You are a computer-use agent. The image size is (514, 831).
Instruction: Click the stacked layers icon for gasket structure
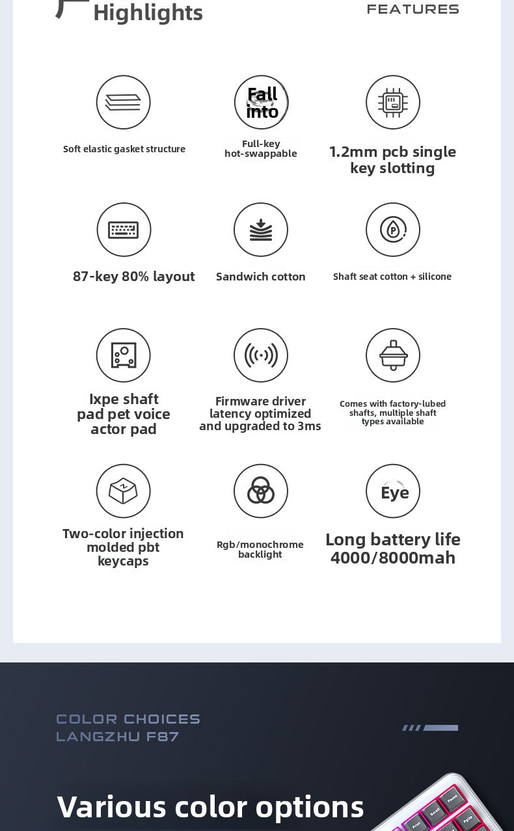pyautogui.click(x=123, y=102)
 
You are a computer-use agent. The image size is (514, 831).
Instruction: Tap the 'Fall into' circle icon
pyautogui.click(x=262, y=102)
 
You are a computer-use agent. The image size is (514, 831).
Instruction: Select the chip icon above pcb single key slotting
pyautogui.click(x=393, y=102)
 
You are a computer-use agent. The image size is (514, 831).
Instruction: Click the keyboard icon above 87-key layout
pyautogui.click(x=124, y=230)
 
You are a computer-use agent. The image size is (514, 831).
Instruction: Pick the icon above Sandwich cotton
pyautogui.click(x=261, y=230)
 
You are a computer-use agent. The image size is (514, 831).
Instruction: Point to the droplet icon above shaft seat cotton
pyautogui.click(x=393, y=230)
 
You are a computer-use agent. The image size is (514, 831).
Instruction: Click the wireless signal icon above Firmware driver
pyautogui.click(x=261, y=355)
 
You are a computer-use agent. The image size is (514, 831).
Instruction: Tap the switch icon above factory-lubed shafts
pyautogui.click(x=393, y=355)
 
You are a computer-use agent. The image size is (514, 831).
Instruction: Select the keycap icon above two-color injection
pyautogui.click(x=123, y=491)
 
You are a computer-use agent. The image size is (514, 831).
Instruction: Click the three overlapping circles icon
pyautogui.click(x=261, y=491)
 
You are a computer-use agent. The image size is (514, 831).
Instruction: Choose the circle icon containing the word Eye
pyautogui.click(x=393, y=491)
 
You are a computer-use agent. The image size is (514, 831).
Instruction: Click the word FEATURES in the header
pyautogui.click(x=413, y=9)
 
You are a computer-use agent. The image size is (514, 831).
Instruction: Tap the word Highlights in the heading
pyautogui.click(x=148, y=12)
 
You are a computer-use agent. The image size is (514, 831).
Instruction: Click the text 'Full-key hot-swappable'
pyautogui.click(x=261, y=148)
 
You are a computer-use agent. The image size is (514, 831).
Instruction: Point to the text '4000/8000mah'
pyautogui.click(x=393, y=558)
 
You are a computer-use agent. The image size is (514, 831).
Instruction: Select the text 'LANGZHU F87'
pyautogui.click(x=117, y=737)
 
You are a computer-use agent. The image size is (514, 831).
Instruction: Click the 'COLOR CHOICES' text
pyautogui.click(x=128, y=719)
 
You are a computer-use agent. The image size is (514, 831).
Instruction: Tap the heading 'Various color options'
pyautogui.click(x=210, y=806)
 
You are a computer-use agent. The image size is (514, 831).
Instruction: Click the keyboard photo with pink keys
pyautogui.click(x=442, y=807)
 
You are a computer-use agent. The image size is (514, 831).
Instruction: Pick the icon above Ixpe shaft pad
pyautogui.click(x=123, y=355)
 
